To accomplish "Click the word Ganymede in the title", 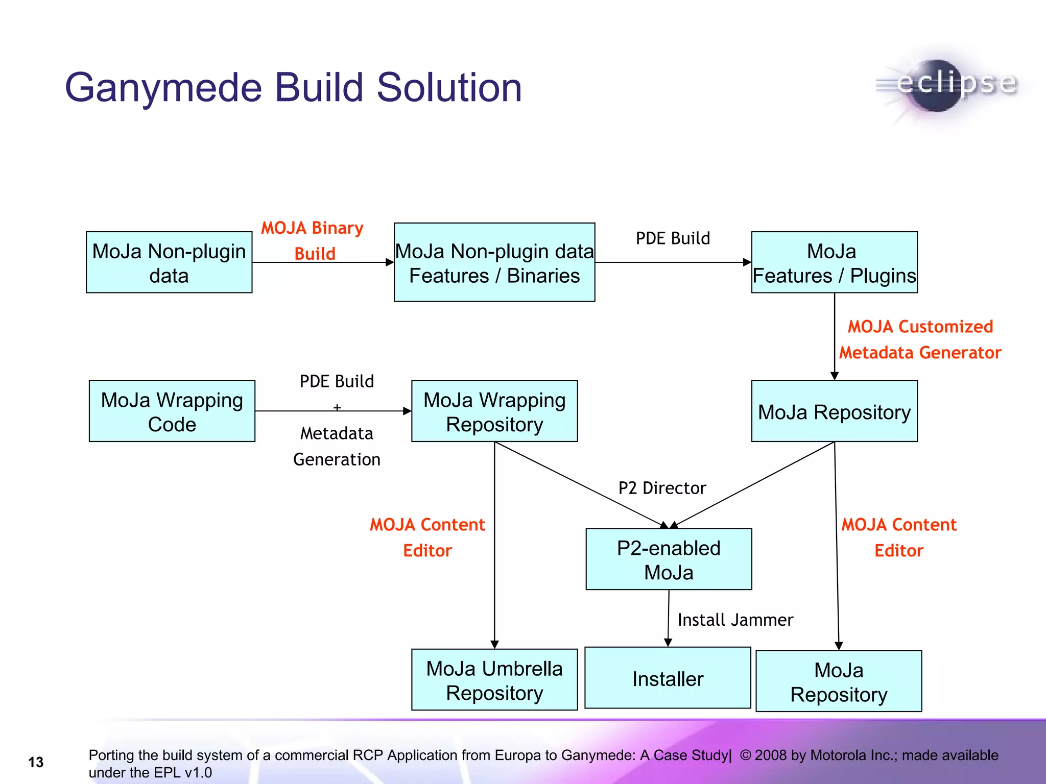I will tap(163, 88).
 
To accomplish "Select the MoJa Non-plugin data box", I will tap(169, 262).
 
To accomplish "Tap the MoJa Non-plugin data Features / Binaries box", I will tap(494, 262).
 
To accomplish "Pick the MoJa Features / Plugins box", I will tap(834, 262).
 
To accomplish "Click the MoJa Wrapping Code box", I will tap(172, 411).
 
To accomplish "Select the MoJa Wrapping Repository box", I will tap(494, 411).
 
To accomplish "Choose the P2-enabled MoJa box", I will tap(669, 559).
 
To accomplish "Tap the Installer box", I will tap(668, 678).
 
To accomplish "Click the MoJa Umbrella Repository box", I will tap(494, 680).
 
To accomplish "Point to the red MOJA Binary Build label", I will tap(313, 240).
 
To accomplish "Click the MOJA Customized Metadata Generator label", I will tap(920, 339).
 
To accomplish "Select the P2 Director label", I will tap(662, 488).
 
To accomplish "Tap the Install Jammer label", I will tap(735, 620).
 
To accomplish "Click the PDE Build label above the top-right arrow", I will tap(673, 238).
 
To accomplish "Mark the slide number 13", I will tap(36, 762).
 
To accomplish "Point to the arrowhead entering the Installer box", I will tap(668, 643).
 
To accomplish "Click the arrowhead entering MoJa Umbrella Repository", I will tap(494, 645).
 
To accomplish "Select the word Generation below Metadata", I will tap(337, 459).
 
